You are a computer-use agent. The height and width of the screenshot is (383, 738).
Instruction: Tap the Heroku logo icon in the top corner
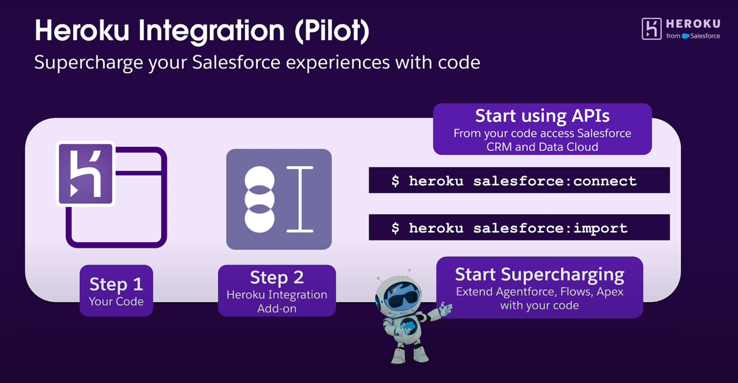coord(652,29)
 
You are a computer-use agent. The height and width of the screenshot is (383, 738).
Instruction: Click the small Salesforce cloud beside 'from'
coord(686,36)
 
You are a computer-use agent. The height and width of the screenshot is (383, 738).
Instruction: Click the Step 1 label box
coord(116,291)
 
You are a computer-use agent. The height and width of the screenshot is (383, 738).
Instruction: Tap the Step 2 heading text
coord(277,277)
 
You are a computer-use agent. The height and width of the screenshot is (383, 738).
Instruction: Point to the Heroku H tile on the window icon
coord(86,174)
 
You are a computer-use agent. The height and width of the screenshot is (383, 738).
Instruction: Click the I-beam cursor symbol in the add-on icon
coord(300,199)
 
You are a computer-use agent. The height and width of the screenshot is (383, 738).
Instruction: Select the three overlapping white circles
coord(260,199)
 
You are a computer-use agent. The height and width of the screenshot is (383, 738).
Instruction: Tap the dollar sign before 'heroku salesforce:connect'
coord(395,181)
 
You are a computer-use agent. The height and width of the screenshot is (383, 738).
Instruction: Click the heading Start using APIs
coord(542,116)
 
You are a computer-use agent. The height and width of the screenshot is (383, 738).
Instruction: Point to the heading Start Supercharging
coord(540,275)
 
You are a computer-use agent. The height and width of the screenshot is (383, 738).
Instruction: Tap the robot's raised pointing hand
coord(446,309)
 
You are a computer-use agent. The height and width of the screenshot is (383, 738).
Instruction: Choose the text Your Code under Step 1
coord(116,302)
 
